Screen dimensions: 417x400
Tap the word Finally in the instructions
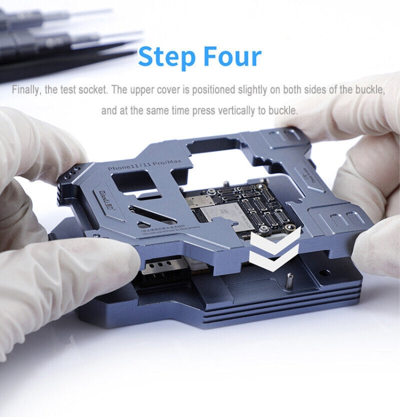(26, 90)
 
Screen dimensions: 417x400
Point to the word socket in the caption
(93, 90)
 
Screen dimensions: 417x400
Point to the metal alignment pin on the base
(289, 279)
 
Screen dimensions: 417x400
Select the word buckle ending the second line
(285, 111)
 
